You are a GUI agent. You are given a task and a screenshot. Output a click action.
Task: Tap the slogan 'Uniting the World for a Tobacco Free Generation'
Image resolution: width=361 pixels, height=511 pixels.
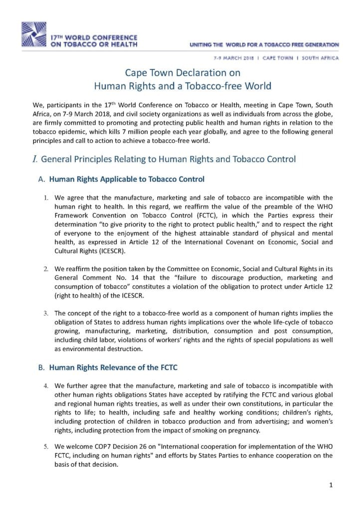coord(264,45)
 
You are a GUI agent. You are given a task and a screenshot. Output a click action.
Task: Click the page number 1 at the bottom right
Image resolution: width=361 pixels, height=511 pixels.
coord(331,485)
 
